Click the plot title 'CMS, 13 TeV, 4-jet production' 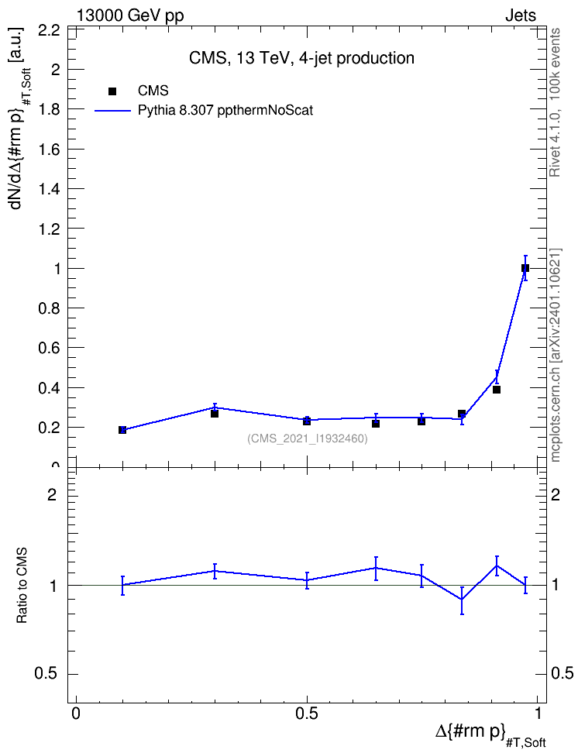(301, 58)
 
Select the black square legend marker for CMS (112, 91)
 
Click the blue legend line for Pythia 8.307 (113, 111)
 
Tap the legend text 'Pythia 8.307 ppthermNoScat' (225, 111)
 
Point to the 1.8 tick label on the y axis (49, 109)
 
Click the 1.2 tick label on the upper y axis (49, 229)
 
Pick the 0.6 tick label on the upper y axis (49, 348)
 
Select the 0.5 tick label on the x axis (307, 713)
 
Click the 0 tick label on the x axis (76, 713)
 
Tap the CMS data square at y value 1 (525, 268)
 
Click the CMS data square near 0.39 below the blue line (497, 390)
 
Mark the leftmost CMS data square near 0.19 (122, 430)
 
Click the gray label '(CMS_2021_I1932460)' (308, 438)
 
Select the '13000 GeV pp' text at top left (129, 15)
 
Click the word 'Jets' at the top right (521, 15)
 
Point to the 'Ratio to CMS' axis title (22, 586)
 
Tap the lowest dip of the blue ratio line (463, 600)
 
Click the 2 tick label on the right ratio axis (556, 494)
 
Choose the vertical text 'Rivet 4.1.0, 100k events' (555, 102)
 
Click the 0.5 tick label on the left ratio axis (46, 674)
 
